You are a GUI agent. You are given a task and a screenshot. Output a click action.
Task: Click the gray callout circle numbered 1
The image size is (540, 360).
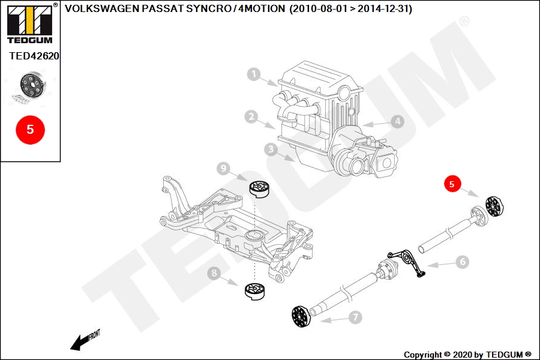[x=254, y=74]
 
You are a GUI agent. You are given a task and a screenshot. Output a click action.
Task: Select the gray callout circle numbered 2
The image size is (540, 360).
[x=251, y=117]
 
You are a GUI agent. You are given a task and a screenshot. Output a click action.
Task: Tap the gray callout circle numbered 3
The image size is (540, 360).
[x=271, y=149]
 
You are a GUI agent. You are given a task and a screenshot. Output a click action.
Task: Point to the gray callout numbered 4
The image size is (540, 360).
[x=397, y=121]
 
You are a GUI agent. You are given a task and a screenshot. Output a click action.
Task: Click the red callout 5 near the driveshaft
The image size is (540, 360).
[x=452, y=184]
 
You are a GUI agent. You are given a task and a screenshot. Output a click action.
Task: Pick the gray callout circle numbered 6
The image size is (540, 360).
[x=463, y=262]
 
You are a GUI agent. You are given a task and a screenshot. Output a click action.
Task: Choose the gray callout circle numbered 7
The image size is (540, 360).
[x=355, y=317]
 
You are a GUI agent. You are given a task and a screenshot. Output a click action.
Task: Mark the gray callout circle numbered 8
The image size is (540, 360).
[x=214, y=274]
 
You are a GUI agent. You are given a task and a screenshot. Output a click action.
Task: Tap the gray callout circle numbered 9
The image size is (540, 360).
[x=224, y=169]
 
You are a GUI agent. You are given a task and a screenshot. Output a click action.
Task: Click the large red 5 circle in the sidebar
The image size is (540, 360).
[x=31, y=130]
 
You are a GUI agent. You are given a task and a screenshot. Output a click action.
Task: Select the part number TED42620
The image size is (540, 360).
[x=34, y=56]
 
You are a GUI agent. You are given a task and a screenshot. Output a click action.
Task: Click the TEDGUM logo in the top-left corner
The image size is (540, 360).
[x=30, y=24]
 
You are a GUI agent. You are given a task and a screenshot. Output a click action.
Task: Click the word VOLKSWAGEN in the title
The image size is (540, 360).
[x=102, y=8]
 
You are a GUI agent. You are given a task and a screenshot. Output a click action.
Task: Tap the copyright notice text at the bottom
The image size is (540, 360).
[x=467, y=355]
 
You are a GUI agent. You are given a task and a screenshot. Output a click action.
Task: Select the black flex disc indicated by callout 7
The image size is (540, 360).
[x=301, y=316]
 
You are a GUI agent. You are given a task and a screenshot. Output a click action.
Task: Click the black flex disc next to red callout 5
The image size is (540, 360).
[x=494, y=206]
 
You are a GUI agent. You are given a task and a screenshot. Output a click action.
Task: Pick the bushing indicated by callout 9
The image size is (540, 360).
[x=260, y=189]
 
